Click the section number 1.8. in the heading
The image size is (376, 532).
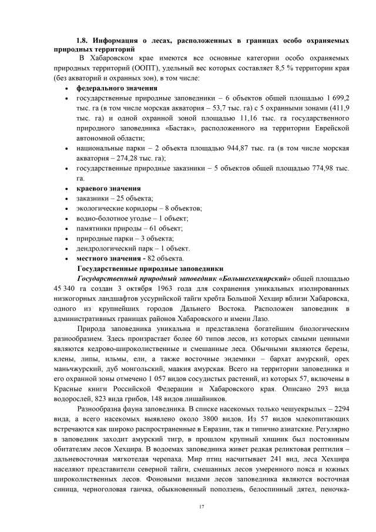(83, 41)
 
